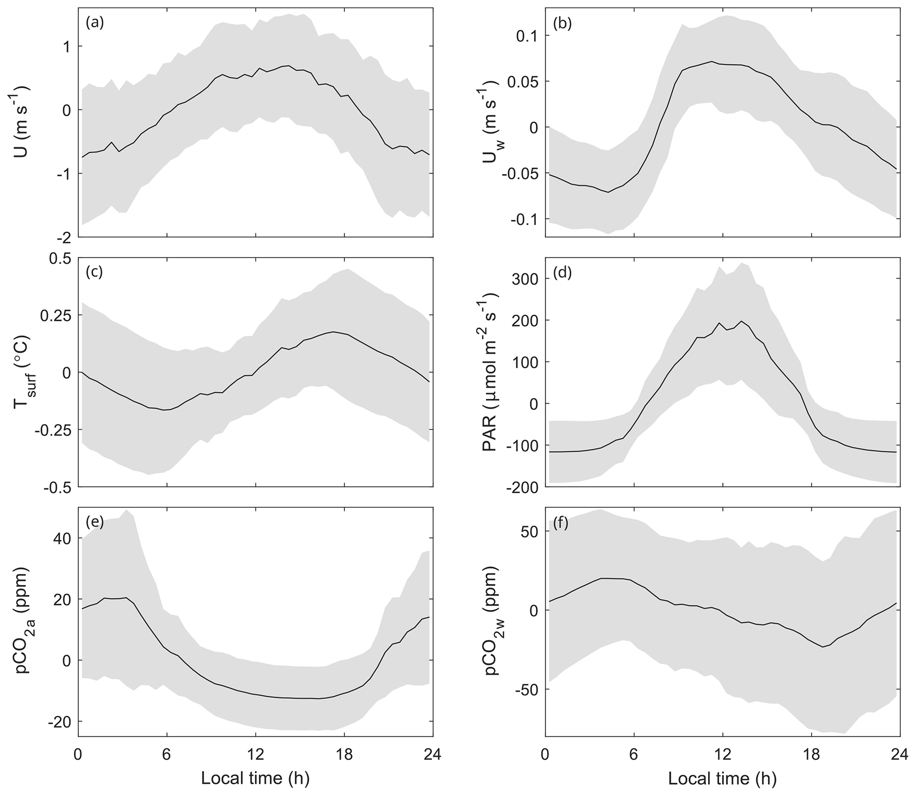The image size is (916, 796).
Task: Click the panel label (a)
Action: point(95,23)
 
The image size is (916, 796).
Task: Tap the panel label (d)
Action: point(562,272)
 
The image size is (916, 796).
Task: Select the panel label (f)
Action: point(561,523)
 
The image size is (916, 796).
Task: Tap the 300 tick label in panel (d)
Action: point(526,278)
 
